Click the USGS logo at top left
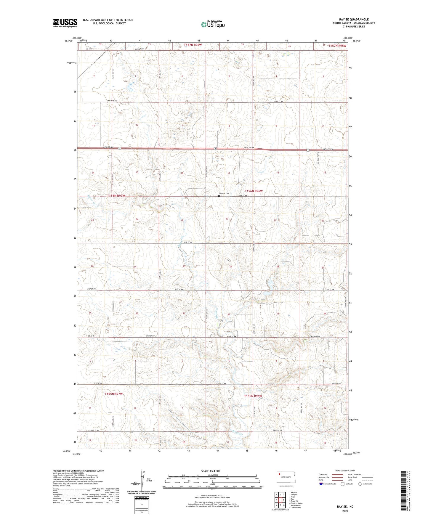click(x=65, y=23)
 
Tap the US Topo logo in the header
click(x=212, y=24)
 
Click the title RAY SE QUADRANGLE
click(x=354, y=19)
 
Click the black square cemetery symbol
click(x=219, y=196)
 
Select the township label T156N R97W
click(x=116, y=196)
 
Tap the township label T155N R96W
click(x=253, y=396)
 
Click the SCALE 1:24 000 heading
click(x=211, y=471)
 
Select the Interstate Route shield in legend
click(x=321, y=484)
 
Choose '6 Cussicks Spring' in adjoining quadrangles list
click(x=296, y=503)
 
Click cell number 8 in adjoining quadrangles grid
click(x=284, y=505)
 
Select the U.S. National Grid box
click(x=141, y=503)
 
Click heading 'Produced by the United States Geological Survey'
click(x=78, y=471)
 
